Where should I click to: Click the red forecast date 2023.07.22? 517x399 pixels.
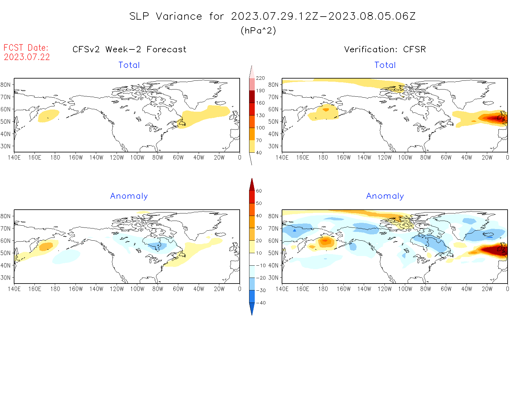(27, 57)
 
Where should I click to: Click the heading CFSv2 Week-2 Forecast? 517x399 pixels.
(129, 49)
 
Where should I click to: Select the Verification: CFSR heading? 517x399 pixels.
(385, 49)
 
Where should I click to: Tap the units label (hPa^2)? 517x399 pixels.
(258, 30)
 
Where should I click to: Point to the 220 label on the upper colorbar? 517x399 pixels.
(260, 78)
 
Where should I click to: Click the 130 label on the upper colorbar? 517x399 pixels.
(260, 115)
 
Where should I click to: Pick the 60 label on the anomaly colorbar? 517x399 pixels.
(259, 191)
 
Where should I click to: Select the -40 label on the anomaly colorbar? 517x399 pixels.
(261, 303)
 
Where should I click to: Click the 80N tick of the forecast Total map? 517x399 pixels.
(6, 84)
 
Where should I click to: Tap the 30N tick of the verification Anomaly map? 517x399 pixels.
(273, 278)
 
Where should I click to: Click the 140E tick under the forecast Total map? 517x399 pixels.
(14, 157)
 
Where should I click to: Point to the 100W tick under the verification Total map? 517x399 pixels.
(405, 157)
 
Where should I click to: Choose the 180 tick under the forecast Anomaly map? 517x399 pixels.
(55, 289)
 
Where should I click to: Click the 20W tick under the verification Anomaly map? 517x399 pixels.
(487, 289)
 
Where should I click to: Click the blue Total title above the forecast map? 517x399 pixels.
(129, 65)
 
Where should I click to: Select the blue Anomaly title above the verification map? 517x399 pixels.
(385, 196)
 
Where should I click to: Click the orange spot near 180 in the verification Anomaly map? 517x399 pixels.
(325, 241)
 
